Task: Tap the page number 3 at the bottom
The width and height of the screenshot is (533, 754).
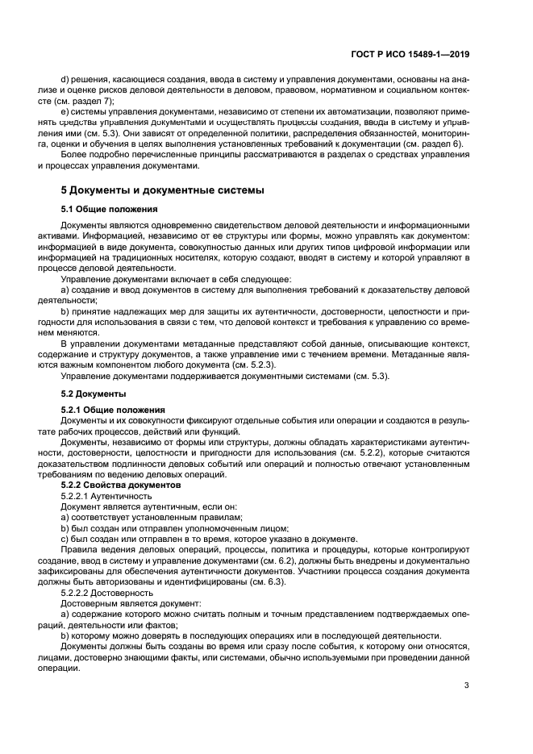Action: [467, 685]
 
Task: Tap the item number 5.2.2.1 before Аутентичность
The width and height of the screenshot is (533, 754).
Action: [78, 496]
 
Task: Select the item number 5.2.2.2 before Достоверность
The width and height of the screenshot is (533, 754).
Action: [78, 590]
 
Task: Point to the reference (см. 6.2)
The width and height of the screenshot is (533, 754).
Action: [279, 559]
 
